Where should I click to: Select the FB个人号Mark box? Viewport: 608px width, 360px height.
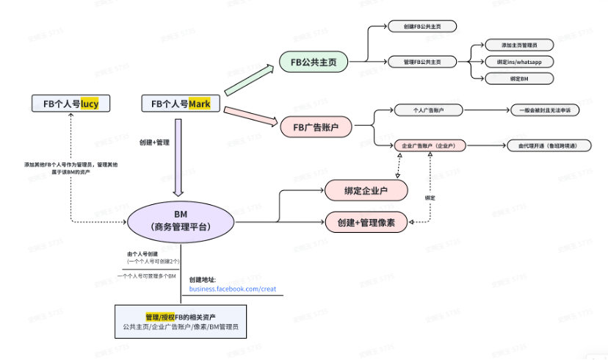pos(181,104)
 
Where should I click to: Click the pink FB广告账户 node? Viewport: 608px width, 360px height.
pos(316,127)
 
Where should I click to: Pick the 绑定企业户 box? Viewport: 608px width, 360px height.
pos(366,191)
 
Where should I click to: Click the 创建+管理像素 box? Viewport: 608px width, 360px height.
pos(366,221)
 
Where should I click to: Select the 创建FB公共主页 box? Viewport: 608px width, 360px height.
pos(422,26)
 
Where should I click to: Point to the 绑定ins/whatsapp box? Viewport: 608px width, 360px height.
pos(519,62)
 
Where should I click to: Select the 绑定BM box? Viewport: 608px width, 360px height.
pos(519,78)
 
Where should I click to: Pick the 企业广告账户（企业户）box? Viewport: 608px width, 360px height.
pos(429,146)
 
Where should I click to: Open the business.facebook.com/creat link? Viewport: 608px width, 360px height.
pos(232,289)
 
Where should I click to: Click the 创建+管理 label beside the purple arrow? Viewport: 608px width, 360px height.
pos(154,142)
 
